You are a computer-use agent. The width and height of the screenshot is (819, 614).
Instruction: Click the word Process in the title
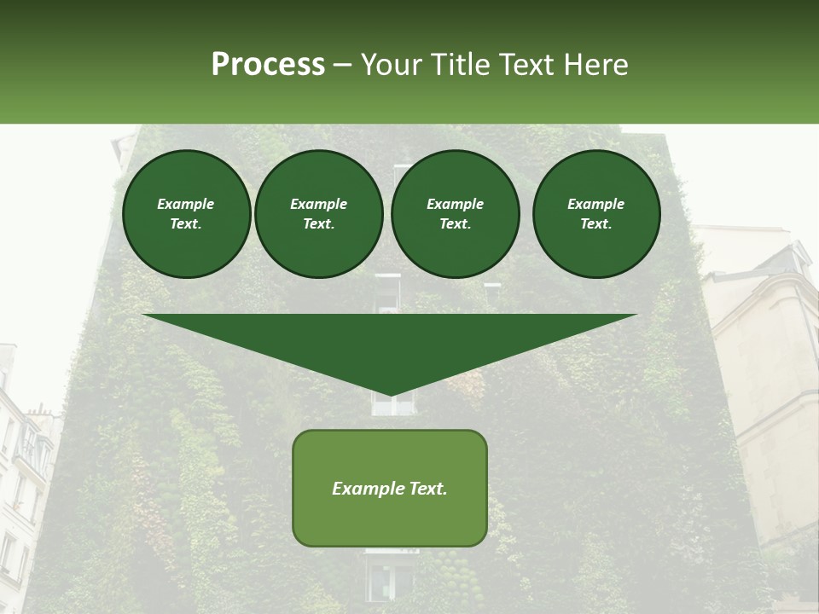coord(268,65)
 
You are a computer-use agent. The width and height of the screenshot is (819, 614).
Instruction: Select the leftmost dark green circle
coord(187,214)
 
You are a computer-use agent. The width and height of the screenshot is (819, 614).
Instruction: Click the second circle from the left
coord(319,214)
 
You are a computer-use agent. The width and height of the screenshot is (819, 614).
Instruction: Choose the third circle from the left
coord(456,214)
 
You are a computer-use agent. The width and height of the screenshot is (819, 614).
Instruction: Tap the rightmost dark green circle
coord(596,214)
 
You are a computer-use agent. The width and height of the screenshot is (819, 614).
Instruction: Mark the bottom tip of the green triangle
coord(391,394)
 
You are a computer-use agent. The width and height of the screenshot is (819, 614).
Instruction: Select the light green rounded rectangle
coord(390,488)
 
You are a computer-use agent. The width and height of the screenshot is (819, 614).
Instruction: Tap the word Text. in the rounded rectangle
coord(426,489)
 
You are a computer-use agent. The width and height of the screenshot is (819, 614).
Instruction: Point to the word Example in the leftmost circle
coord(186,204)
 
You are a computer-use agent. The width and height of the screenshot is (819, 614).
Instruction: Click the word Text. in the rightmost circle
coord(595,223)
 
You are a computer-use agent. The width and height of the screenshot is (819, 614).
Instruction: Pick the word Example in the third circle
coord(455,204)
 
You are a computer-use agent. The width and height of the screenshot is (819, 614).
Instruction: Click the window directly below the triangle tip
coord(392,405)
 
